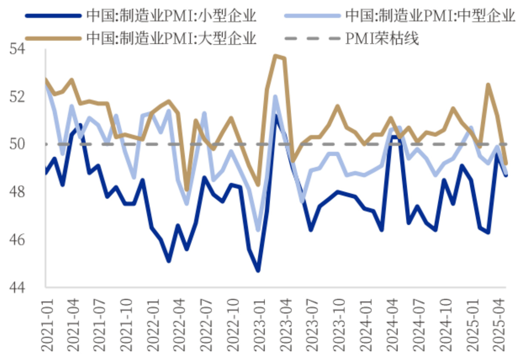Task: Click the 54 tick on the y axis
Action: point(30,49)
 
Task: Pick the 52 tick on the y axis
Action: point(30,97)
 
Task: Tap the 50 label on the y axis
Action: point(30,145)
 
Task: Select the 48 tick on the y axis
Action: point(30,192)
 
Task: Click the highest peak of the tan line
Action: point(275,56)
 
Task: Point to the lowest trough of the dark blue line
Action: point(258,270)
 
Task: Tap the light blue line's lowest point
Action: point(258,230)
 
